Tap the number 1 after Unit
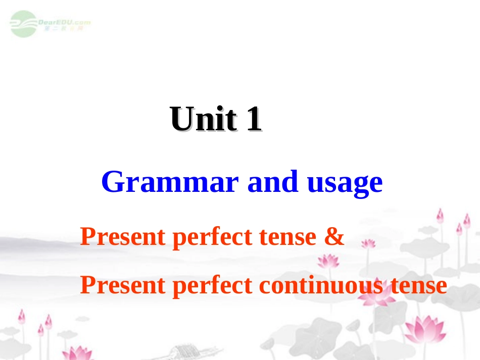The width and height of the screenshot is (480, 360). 254,120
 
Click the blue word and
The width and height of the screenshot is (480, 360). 268,182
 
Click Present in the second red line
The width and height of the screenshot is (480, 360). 123,286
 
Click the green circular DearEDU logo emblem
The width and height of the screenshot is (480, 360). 23,24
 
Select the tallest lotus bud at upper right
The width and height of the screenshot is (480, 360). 440,216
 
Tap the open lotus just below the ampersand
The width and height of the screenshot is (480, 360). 328,261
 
